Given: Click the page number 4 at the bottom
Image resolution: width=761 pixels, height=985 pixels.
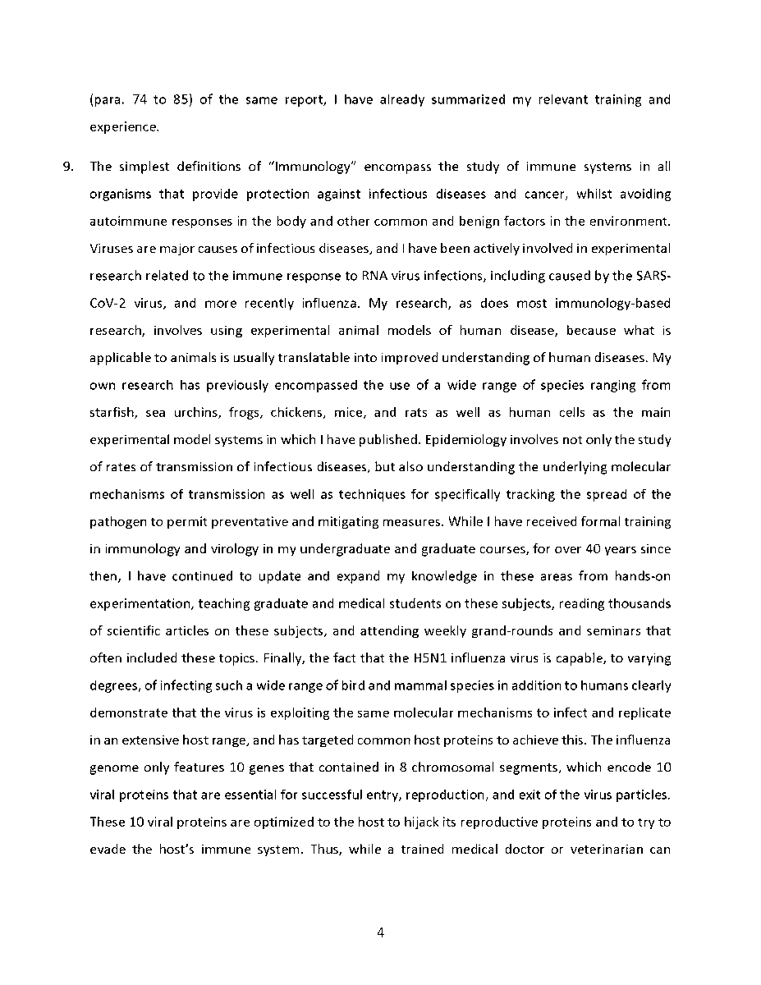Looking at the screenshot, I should (x=380, y=932).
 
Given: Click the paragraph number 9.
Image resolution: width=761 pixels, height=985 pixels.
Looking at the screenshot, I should (x=69, y=167).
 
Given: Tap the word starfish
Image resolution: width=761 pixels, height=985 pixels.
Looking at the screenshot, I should (x=111, y=413).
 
